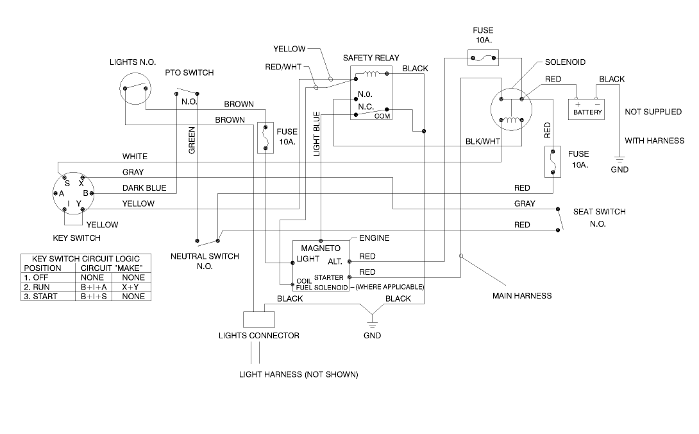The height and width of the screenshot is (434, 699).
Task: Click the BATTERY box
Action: (x=588, y=108)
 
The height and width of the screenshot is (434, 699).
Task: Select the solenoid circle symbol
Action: (x=512, y=110)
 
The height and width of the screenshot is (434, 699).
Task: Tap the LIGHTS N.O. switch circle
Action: (x=135, y=88)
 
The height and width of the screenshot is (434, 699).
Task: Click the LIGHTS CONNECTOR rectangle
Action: (x=258, y=319)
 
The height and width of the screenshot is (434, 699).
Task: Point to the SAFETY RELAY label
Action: (x=371, y=58)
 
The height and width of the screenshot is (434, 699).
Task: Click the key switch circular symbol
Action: (x=73, y=193)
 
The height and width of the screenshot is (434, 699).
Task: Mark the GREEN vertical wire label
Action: (x=191, y=139)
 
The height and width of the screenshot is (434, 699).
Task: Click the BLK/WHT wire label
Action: (x=483, y=141)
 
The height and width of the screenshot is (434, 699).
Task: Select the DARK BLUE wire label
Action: (x=144, y=188)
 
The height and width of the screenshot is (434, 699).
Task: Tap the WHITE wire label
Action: (x=135, y=157)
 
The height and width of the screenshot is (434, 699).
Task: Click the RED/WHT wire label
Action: (x=283, y=67)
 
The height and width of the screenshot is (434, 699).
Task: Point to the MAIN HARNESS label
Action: (x=521, y=296)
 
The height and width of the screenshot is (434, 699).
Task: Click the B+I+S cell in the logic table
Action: (x=94, y=297)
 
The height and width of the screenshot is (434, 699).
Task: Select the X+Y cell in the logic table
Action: (x=133, y=287)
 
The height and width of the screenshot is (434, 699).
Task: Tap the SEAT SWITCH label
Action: (x=599, y=211)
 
